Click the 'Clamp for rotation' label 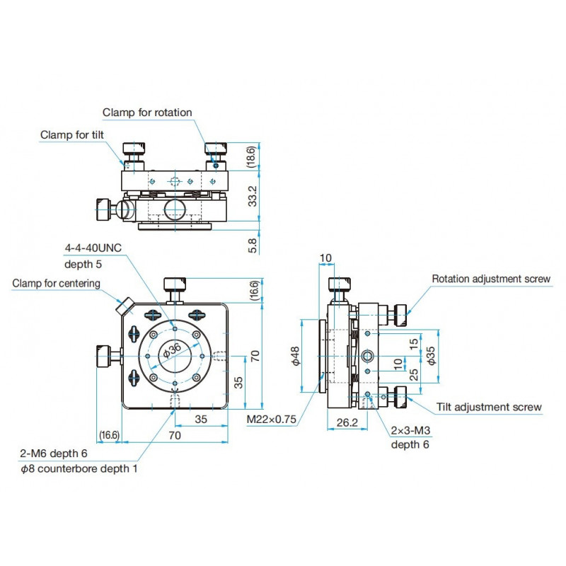(x=147, y=112)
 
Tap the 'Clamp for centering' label (x=56, y=283)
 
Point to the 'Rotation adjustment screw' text (x=491, y=279)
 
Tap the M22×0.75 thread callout (x=272, y=420)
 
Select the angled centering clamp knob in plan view (x=125, y=306)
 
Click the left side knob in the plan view (x=103, y=355)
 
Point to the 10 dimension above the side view (x=325, y=256)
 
